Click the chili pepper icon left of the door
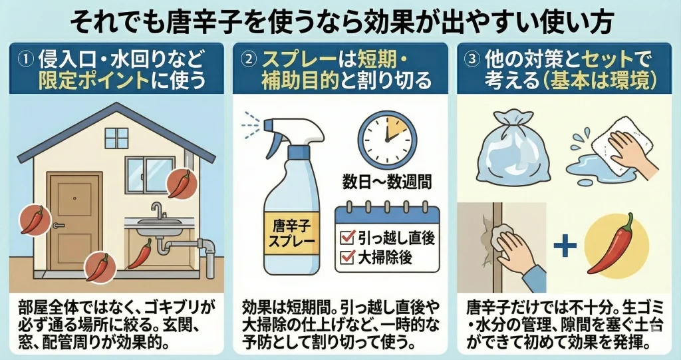tap(33, 220)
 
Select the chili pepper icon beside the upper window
tap(180, 183)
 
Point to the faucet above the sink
tap(157, 211)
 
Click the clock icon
tap(387, 136)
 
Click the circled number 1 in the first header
tap(25, 58)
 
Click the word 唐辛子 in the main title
tap(219, 22)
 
